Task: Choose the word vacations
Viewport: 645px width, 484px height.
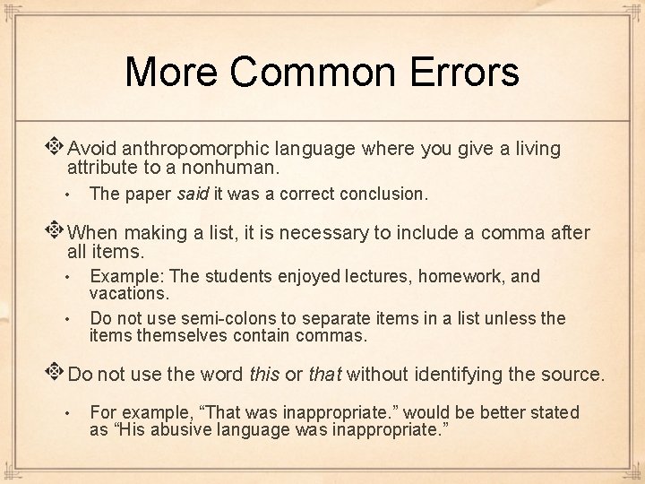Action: pyautogui.click(x=130, y=293)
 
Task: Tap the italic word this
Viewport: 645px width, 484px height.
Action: pyautogui.click(x=264, y=375)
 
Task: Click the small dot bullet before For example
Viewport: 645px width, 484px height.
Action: pyautogui.click(x=68, y=414)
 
